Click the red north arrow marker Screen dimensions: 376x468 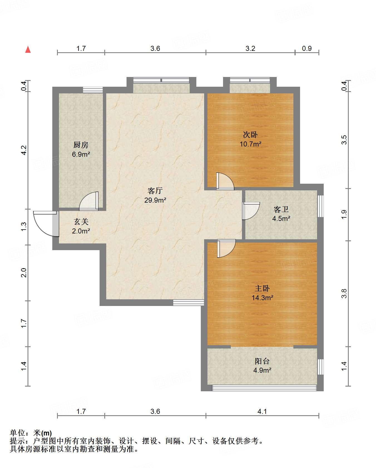pyautogui.click(x=28, y=49)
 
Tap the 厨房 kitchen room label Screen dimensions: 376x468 pyautogui.click(x=81, y=145)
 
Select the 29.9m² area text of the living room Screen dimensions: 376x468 pyautogui.click(x=155, y=200)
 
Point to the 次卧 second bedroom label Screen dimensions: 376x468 pyautogui.click(x=250, y=135)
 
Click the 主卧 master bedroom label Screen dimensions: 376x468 pyautogui.click(x=262, y=288)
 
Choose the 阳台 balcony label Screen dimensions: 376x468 pyautogui.click(x=262, y=361)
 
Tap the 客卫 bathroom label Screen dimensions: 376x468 pyautogui.click(x=281, y=209)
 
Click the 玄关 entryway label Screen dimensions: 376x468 pyautogui.click(x=81, y=221)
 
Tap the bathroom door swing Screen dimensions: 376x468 pyautogui.click(x=255, y=214)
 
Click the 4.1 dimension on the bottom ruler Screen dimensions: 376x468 pyautogui.click(x=262, y=411)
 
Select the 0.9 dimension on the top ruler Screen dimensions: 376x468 pyautogui.click(x=307, y=48)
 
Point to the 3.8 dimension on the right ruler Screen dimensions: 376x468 pyautogui.click(x=344, y=293)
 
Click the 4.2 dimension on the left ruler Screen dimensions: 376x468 pyautogui.click(x=24, y=150)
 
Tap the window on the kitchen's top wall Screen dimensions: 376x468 pyautogui.click(x=93, y=90)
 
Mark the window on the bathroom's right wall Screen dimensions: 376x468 pyautogui.click(x=320, y=206)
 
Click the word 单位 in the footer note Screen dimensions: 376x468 pyautogui.click(x=18, y=433)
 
